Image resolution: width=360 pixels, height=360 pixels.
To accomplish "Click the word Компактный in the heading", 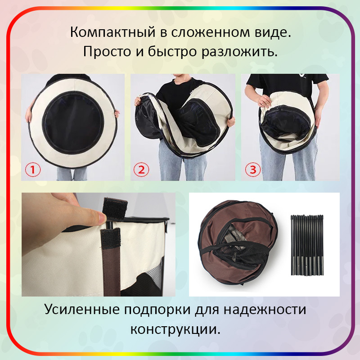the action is click(113, 32).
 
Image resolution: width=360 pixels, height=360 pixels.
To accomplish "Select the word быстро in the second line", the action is click(172, 51).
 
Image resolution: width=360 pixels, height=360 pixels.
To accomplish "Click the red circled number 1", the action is click(32, 170).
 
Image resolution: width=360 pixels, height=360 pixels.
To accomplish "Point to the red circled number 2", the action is click(141, 170).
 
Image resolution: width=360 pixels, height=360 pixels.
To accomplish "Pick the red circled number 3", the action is click(253, 170).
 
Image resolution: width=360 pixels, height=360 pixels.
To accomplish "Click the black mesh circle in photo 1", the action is click(73, 122).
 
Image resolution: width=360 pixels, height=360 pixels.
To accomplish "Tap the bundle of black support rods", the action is click(307, 245).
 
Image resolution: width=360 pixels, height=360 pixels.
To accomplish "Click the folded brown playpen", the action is click(238, 243).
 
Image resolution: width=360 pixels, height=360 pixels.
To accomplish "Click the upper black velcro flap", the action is click(115, 208).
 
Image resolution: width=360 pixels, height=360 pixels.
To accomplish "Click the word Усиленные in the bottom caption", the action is click(82, 309).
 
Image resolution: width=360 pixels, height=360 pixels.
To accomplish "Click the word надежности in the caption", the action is click(265, 310).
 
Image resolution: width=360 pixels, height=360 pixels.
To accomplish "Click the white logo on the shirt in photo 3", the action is click(300, 76).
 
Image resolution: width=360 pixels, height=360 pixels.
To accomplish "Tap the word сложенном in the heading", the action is click(210, 32).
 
